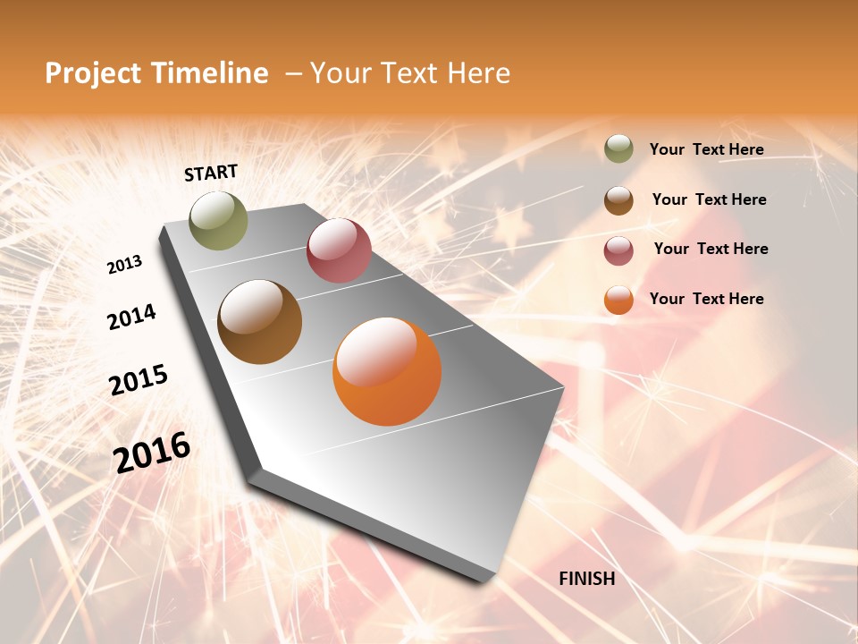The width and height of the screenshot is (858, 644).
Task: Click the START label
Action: point(211,173)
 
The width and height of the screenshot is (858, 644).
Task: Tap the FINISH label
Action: point(586,579)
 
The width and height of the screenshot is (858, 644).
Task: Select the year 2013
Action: point(124,264)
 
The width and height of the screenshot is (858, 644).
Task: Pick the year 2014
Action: point(131,317)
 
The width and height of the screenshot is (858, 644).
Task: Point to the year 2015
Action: point(139,380)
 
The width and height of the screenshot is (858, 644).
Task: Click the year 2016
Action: point(152,452)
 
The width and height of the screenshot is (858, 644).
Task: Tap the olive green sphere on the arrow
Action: point(218,220)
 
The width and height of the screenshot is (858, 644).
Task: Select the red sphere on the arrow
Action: point(339,250)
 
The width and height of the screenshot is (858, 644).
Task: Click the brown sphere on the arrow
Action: point(259,322)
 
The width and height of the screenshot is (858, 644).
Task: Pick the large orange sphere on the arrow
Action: point(387,371)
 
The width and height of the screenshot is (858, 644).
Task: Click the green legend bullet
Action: point(618,149)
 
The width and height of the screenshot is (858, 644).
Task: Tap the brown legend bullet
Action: point(618,200)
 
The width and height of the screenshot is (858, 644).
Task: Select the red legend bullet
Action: point(618,250)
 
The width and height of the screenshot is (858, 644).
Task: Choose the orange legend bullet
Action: point(618,300)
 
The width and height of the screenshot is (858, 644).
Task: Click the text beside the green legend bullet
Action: point(706,149)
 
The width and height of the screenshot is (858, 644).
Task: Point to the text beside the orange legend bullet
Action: point(706,299)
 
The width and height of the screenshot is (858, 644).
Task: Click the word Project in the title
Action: point(93,73)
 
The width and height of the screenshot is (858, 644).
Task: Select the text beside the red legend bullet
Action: point(711,249)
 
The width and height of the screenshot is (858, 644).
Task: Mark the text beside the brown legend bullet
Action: point(709,199)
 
